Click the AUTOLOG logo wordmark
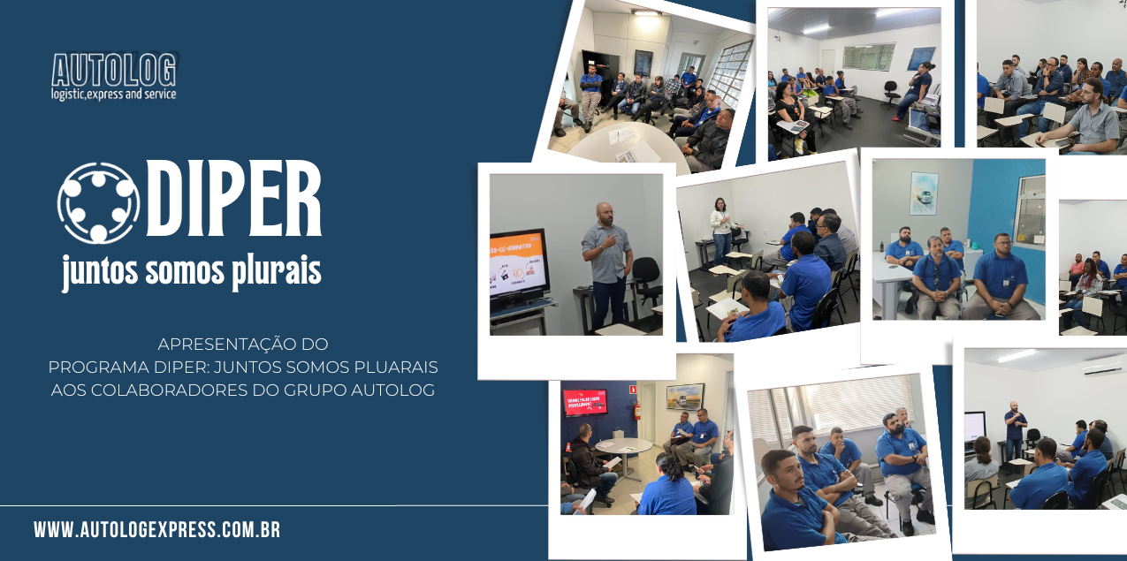click(x=114, y=70)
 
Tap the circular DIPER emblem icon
click(x=99, y=202)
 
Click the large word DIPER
click(x=234, y=199)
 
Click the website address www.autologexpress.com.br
click(x=157, y=530)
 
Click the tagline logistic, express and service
click(x=114, y=94)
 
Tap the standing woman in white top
click(x=722, y=231)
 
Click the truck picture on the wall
click(x=925, y=193)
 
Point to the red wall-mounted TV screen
click(x=584, y=402)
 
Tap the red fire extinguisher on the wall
click(x=637, y=411)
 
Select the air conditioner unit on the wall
click(x=1104, y=366)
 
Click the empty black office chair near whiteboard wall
click(x=891, y=93)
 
